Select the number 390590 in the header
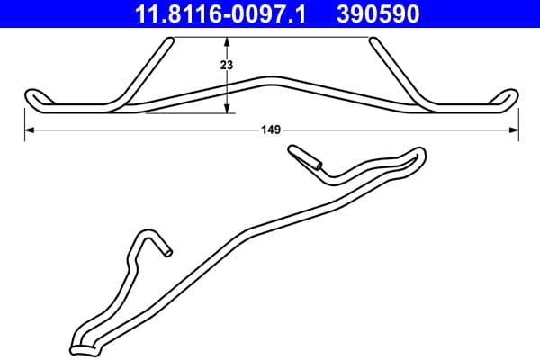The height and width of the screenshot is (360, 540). [x=378, y=13]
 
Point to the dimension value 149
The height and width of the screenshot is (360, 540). [x=271, y=130]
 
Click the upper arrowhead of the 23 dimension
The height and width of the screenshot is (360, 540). [x=228, y=41]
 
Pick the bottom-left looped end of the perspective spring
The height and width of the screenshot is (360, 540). [x=77, y=343]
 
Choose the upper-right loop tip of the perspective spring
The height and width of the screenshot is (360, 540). [x=419, y=154]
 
